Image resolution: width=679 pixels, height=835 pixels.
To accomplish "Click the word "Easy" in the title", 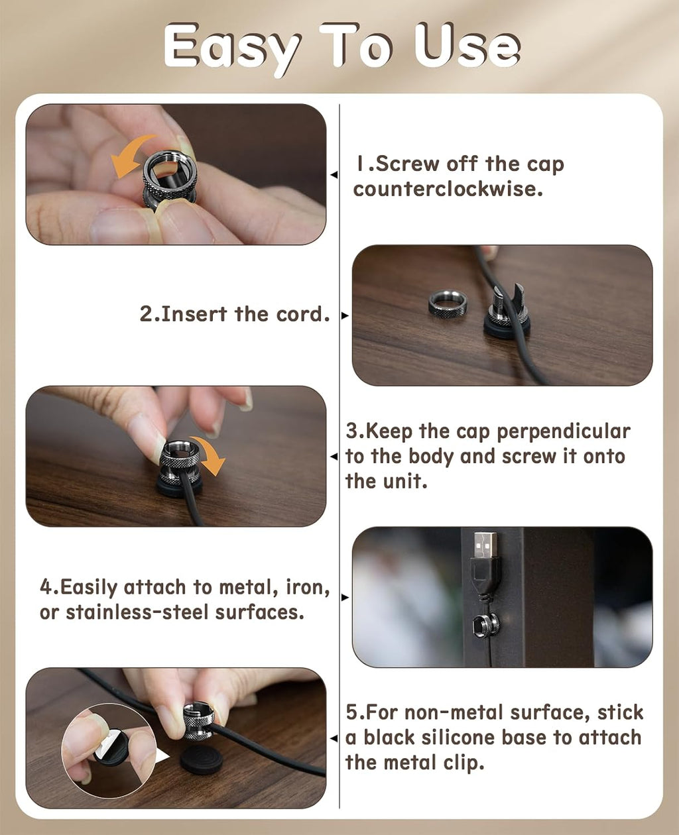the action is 232,48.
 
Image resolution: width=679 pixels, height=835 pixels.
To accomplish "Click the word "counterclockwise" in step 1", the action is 448,190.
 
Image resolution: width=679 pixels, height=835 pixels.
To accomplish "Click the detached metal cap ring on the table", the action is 448,302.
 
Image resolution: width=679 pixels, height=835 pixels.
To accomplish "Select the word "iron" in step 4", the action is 307,587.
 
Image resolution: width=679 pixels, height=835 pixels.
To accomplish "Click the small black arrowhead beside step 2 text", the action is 345,315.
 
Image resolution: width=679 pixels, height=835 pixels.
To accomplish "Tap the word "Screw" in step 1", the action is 407,164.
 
